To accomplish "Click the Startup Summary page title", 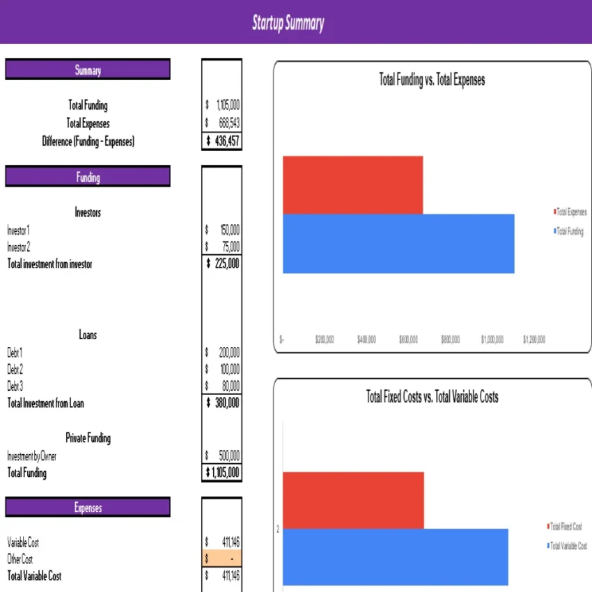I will (288, 23).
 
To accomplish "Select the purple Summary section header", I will (88, 70).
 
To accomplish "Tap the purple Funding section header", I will (88, 177).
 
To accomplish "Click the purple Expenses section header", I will (88, 508).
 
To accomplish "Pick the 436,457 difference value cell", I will (222, 141).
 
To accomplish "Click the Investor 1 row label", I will (19, 230).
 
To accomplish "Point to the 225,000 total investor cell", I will (222, 264).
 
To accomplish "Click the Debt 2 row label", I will (15, 369).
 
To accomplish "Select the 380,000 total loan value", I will (222, 403).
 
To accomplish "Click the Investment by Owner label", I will (32, 456).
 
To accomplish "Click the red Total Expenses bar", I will (352, 185).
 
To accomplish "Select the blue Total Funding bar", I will (398, 244).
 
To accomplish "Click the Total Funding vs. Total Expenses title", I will (432, 80).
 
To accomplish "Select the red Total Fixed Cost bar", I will (353, 500).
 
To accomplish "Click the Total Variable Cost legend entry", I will (568, 546).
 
